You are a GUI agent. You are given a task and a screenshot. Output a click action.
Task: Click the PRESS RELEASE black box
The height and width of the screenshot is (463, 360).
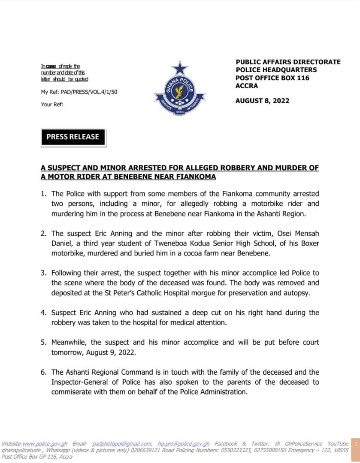tap(73, 137)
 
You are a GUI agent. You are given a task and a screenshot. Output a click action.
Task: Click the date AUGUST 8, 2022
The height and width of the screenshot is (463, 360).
tap(262, 101)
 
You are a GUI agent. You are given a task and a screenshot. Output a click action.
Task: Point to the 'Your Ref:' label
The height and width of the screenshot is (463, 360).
tap(52, 104)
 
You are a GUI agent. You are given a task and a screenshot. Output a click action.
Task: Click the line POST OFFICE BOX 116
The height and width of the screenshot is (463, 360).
tap(272, 78)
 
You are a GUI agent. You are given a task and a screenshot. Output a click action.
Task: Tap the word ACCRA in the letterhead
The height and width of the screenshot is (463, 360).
tap(247, 86)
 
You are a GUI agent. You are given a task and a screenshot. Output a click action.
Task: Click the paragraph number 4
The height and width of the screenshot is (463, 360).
tap(43, 313)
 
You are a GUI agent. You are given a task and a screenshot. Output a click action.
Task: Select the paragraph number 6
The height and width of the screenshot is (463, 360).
tap(43, 372)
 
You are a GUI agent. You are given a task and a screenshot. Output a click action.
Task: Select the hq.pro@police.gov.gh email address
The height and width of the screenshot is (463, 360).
tap(184, 444)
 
